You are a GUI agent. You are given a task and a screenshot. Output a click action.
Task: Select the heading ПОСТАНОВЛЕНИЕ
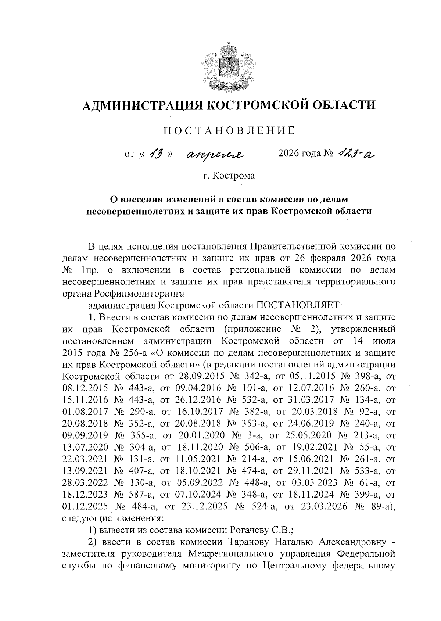tap(229, 130)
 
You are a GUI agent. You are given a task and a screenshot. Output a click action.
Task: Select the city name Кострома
tap(234, 176)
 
